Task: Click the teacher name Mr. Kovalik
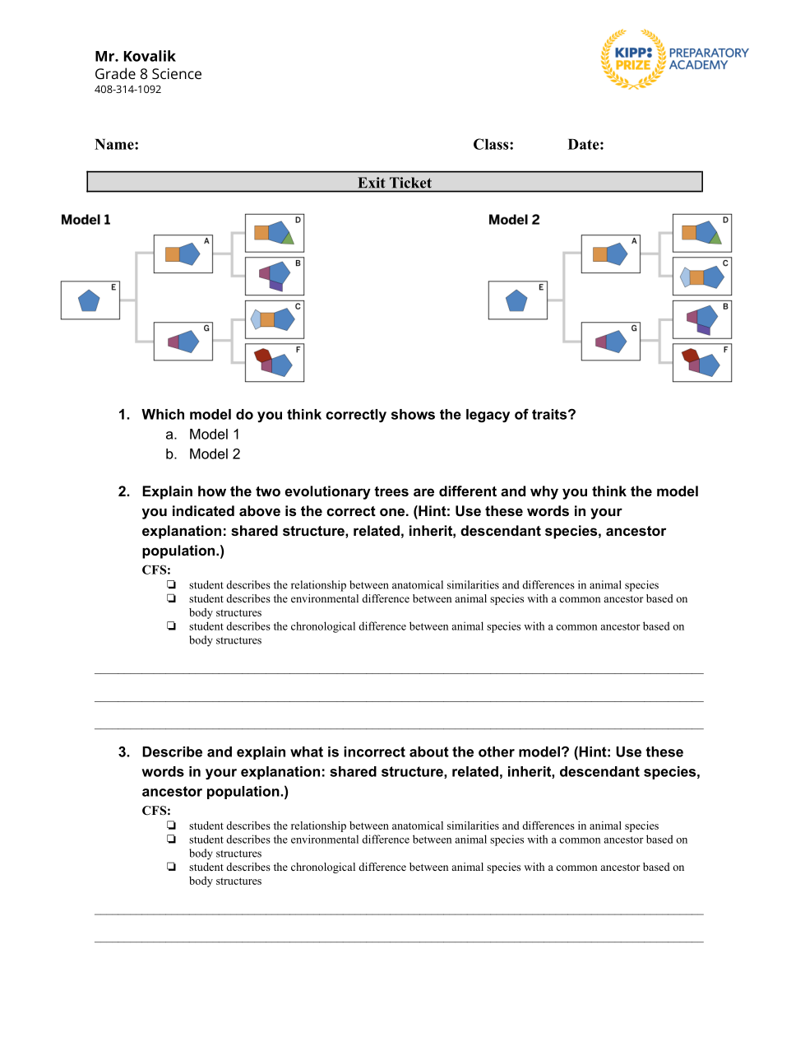[135, 56]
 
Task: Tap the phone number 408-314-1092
[127, 90]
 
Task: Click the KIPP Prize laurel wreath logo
[632, 59]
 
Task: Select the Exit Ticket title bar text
[395, 183]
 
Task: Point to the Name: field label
[117, 145]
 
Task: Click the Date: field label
[585, 145]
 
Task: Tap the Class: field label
[493, 145]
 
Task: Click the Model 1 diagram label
[86, 220]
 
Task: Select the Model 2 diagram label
[514, 220]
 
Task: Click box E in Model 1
[90, 300]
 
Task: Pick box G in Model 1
[183, 341]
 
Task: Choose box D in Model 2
[701, 233]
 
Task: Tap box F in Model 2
[701, 363]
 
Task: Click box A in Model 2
[611, 254]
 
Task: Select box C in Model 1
[275, 319]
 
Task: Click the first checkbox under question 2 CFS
[171, 585]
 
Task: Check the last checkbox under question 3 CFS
[171, 867]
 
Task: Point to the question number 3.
[124, 752]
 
